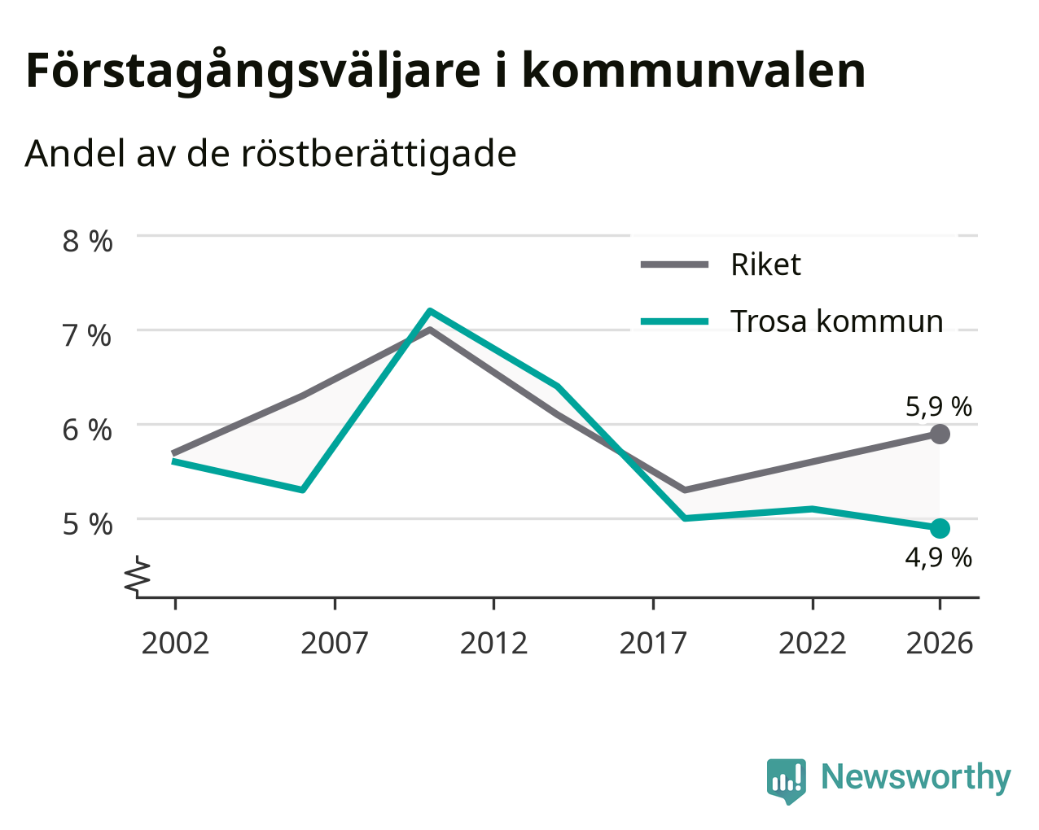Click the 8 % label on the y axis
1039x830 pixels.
pos(87,242)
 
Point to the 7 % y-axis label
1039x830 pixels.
pos(87,336)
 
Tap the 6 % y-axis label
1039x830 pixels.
pos(87,430)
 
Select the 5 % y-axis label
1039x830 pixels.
pos(87,525)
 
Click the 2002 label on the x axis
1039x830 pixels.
pos(175,643)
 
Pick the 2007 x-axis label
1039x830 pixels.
pos(335,643)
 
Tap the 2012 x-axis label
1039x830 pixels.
pos(494,643)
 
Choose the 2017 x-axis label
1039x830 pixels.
pos(653,643)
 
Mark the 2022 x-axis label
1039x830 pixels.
pos(813,643)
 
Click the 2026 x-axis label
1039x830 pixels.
pos(940,643)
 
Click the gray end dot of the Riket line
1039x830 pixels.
pos(940,435)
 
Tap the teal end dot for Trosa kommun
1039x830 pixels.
pos(940,528)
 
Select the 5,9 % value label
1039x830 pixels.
pos(939,407)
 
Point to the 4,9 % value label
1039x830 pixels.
pos(939,558)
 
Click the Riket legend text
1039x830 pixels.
pos(765,264)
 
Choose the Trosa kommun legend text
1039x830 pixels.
pos(837,321)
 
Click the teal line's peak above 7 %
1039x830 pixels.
pos(430,310)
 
